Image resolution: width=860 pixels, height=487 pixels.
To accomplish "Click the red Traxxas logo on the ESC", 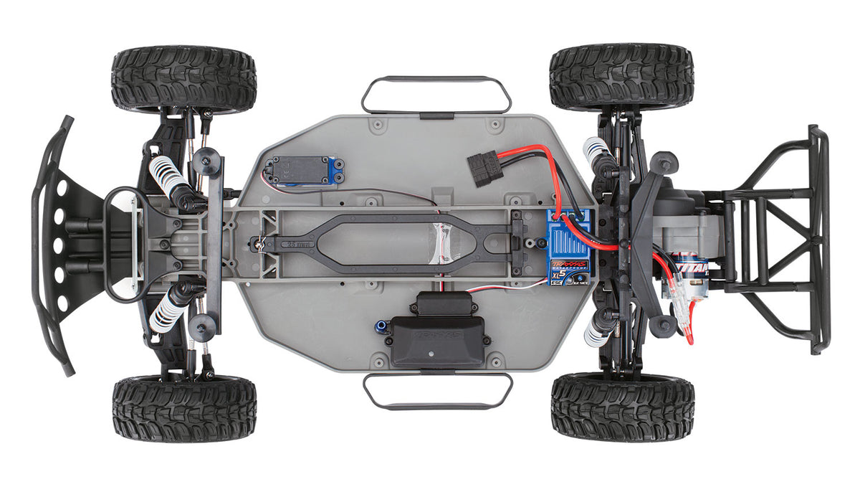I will [570, 265].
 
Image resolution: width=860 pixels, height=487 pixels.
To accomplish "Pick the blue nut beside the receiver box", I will [380, 328].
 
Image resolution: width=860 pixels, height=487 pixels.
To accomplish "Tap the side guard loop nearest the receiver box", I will [437, 391].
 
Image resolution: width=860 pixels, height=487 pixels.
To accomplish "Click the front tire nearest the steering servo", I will [183, 79].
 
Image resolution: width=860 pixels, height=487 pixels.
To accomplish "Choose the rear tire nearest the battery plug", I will [621, 76].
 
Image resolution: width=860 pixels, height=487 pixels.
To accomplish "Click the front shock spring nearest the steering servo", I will [168, 176].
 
